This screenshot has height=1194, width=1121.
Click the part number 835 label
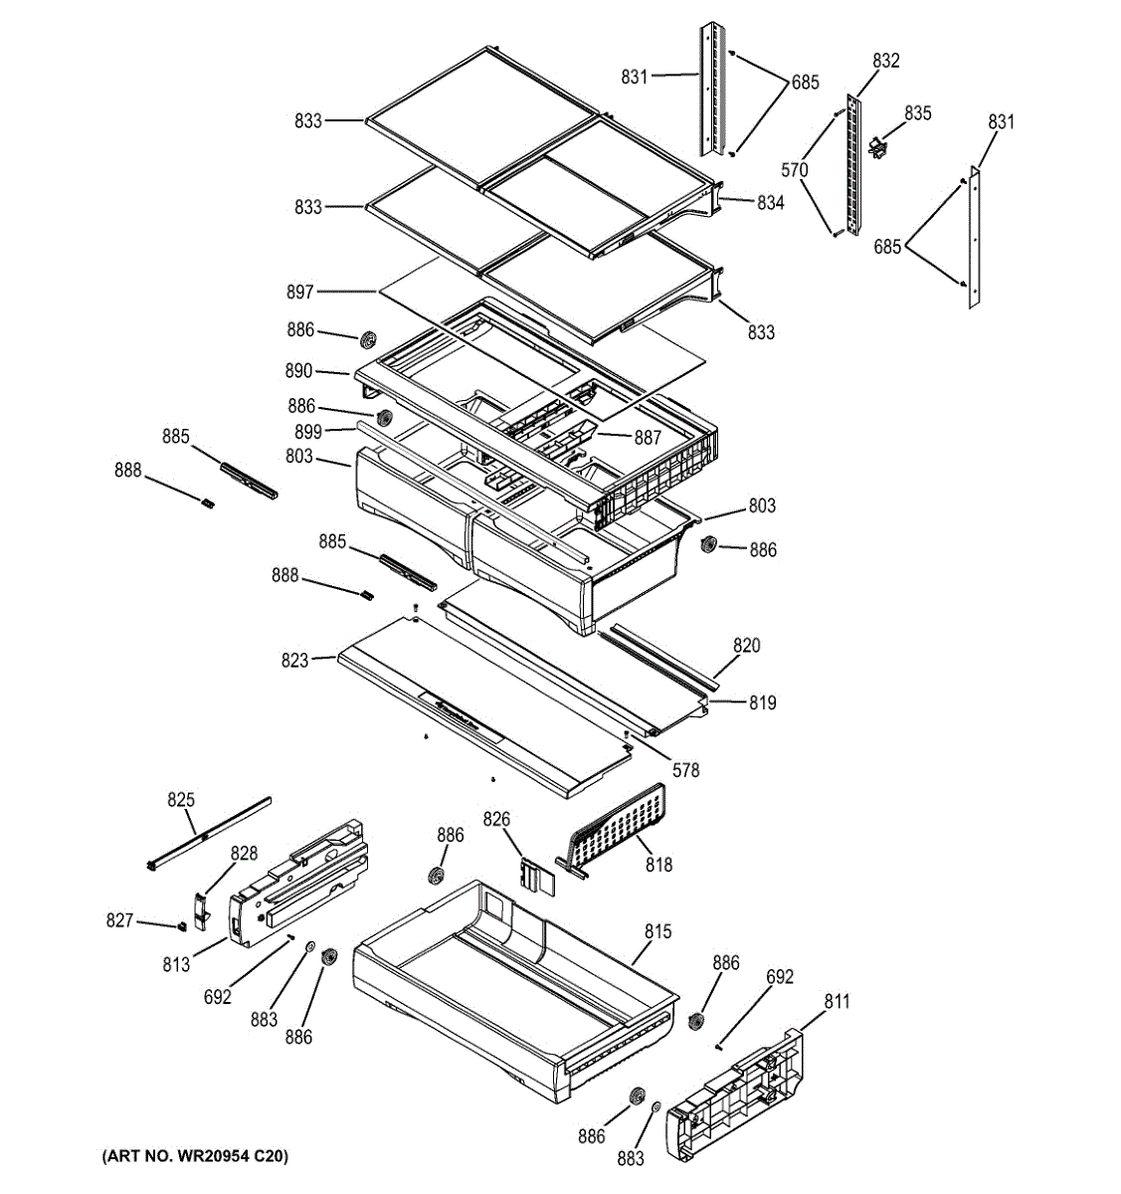tap(917, 113)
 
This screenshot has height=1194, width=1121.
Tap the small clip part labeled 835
tap(876, 146)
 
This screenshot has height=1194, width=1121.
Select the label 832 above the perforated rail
tap(885, 61)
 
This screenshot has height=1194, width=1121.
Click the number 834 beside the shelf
tap(770, 203)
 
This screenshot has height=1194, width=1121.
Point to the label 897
tap(299, 292)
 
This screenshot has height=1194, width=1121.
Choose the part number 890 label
tap(298, 371)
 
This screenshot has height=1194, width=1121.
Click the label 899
tap(307, 431)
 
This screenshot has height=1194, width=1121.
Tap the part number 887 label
tap(647, 438)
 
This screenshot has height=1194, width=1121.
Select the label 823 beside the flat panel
tap(294, 660)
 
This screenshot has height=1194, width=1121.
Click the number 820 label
tap(746, 646)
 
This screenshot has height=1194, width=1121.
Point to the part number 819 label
tap(763, 702)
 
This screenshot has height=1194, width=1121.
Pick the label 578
tap(685, 769)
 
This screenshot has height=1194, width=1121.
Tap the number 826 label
tap(496, 819)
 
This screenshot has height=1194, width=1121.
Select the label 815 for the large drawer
tap(657, 931)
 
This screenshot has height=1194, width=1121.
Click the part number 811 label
tap(837, 1001)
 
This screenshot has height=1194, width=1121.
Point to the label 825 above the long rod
tap(181, 799)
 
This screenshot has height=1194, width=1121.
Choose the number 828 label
tap(244, 853)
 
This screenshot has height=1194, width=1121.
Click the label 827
tap(119, 921)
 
